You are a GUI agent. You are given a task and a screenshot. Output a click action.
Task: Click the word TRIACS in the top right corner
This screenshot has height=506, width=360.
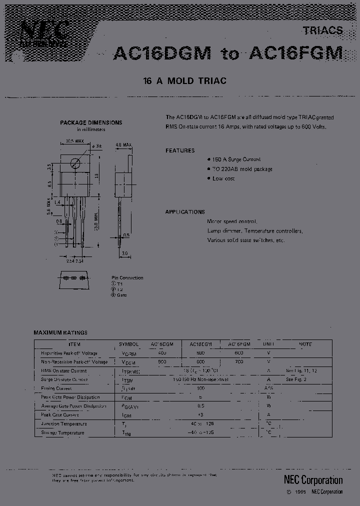point(322,30)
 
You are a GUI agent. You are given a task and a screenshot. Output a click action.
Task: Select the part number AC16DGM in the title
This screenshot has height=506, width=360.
point(162,53)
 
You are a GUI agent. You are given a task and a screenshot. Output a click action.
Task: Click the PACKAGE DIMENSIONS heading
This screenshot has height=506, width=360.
point(91,122)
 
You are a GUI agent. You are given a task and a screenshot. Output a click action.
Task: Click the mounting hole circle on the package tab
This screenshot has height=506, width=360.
point(75,162)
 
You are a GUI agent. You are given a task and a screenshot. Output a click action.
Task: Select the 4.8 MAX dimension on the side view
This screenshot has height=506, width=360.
point(123,145)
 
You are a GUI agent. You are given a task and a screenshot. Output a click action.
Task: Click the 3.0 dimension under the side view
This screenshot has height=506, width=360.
point(125,253)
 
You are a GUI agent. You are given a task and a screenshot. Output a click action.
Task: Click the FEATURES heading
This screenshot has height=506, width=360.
point(180,150)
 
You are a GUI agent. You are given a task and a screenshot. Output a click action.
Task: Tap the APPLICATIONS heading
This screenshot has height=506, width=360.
point(185,212)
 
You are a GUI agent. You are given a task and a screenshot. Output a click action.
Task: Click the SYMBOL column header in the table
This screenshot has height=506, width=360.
point(129,344)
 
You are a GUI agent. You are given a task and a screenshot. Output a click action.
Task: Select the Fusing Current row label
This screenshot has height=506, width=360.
point(56,388)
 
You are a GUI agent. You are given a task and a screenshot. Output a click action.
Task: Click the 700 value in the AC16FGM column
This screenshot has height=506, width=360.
point(239,361)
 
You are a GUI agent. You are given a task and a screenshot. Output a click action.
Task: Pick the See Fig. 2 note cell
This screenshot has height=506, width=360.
point(296,379)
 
